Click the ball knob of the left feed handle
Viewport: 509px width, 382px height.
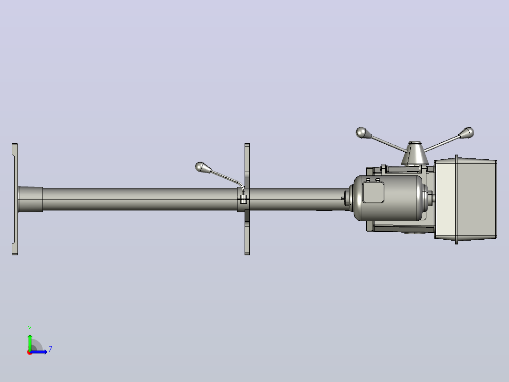(361, 133)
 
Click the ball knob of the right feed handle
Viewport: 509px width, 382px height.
(468, 132)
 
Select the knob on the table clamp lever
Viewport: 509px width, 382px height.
(200, 167)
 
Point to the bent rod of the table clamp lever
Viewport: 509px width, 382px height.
(227, 177)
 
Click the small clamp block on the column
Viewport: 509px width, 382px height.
(244, 199)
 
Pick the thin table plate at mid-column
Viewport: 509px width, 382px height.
(247, 199)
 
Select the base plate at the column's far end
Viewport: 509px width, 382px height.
(15, 199)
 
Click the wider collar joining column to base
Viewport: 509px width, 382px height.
(31, 200)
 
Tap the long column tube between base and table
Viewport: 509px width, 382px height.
(140, 199)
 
